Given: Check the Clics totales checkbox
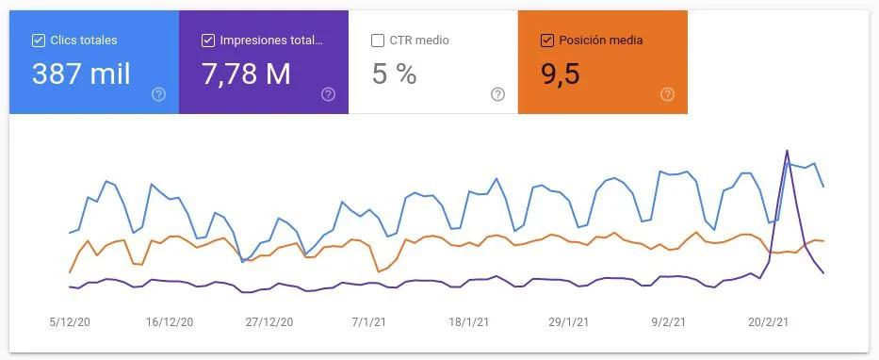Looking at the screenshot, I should point(39,41).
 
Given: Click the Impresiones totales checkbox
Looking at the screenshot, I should point(208,41).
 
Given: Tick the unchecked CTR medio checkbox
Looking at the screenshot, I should point(378,41).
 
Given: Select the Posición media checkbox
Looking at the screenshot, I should point(547,41).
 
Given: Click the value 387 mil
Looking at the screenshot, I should point(81,74).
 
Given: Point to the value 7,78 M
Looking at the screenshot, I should point(246,74).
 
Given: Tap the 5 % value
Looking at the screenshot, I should point(394,74).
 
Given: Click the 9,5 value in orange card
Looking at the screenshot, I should point(560,74).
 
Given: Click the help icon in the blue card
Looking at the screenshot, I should point(158,94).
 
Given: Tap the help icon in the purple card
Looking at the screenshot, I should point(328,94).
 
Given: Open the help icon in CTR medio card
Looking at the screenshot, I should point(497,94).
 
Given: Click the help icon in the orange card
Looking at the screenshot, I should point(667,94).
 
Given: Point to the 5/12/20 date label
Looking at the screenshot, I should point(70,322).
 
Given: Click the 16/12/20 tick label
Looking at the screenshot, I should point(170,322).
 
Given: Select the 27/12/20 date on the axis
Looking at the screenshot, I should point(269,322).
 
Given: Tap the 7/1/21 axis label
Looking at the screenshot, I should point(369,322).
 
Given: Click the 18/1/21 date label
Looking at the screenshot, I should point(469,322).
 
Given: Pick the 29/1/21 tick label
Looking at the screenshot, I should point(569,322).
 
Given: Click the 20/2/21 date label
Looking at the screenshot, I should point(769,322).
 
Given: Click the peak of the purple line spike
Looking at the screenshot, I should point(787,151).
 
